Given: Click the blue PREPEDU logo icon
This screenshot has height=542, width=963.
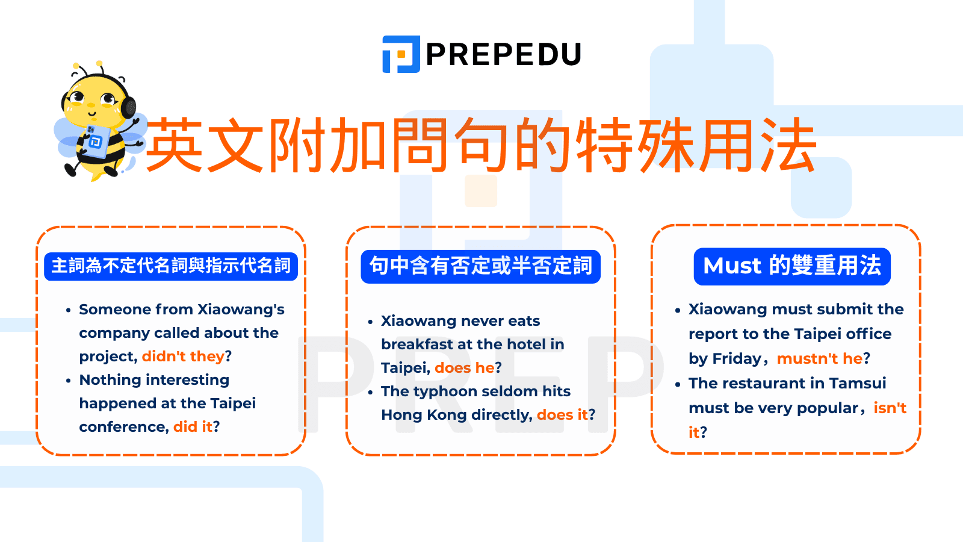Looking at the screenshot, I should click(401, 54).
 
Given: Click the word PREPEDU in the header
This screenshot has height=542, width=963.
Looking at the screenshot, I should click(503, 54).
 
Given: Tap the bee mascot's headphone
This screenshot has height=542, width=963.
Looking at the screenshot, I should click(128, 107).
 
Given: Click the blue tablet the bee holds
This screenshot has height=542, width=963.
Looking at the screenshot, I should click(96, 142).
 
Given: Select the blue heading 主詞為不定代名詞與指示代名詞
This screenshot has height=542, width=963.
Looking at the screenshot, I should click(171, 266).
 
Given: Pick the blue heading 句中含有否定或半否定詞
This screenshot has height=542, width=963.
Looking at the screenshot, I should click(480, 266).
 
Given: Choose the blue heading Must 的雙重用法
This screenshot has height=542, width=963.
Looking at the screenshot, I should click(792, 266).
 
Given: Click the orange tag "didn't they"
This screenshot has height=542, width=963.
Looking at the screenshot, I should click(183, 357).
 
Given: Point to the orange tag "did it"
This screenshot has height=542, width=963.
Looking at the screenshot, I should click(193, 427).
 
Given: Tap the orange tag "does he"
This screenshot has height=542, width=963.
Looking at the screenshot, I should click(464, 368).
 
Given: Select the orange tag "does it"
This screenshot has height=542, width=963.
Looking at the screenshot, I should click(562, 415).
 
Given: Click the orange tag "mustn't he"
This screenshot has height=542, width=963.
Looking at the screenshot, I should click(820, 359).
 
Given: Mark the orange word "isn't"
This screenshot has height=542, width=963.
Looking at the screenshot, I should click(890, 408).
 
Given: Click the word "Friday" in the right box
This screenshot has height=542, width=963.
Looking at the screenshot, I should click(737, 359).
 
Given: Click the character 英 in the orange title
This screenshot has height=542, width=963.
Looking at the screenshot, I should click(175, 146).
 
